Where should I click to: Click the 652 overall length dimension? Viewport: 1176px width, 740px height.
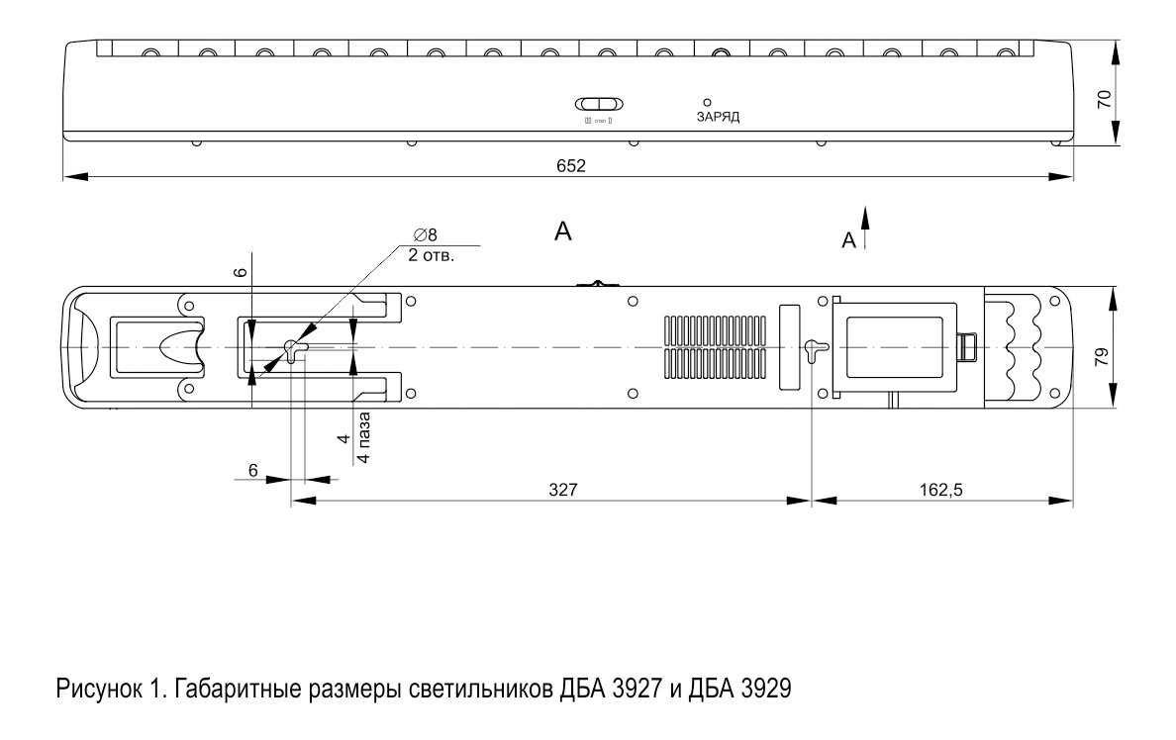point(570,166)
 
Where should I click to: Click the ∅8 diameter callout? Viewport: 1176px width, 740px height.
point(426,234)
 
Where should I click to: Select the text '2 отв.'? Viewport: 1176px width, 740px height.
point(431,254)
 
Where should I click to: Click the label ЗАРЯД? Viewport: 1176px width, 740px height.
point(718,116)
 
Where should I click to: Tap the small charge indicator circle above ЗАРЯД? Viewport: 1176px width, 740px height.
point(707,102)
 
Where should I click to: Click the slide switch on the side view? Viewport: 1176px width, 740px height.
point(599,104)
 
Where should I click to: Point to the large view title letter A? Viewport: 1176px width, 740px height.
point(563,231)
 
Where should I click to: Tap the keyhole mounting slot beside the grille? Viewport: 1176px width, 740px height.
point(812,349)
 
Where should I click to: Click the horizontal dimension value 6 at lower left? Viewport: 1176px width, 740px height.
point(253,471)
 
